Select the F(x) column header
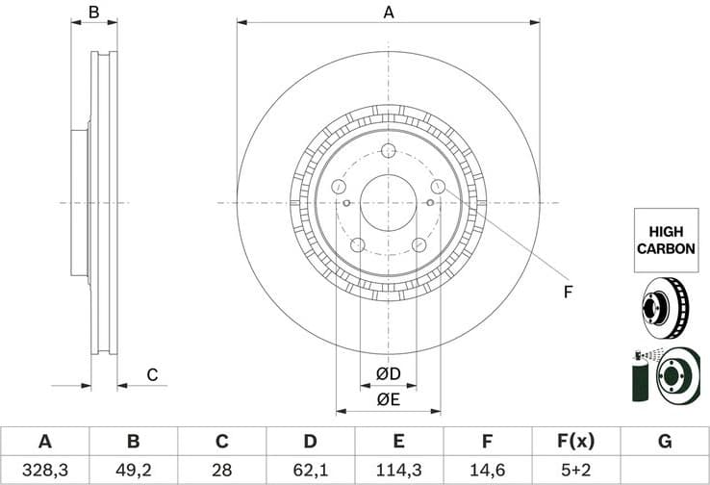pyautogui.click(x=575, y=442)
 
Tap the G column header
pyautogui.click(x=665, y=442)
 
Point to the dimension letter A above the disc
pyautogui.click(x=389, y=13)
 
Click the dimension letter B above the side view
pyautogui.click(x=94, y=13)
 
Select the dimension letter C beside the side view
pyautogui.click(x=151, y=375)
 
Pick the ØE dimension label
pyautogui.click(x=388, y=399)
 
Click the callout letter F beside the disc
pyautogui.click(x=568, y=291)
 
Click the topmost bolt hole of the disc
pyautogui.click(x=389, y=151)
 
